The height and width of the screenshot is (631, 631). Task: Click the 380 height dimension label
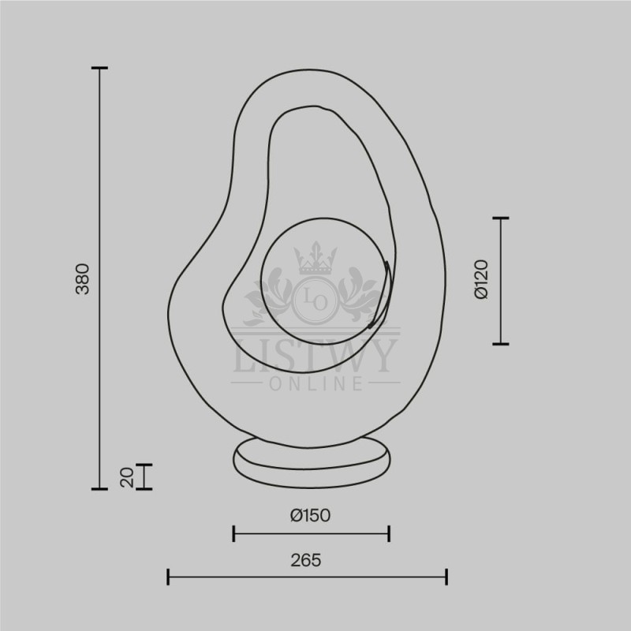pos(83,279)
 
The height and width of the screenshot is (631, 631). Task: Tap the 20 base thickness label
pos(127,477)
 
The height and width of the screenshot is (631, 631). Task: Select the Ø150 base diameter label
pos(311,515)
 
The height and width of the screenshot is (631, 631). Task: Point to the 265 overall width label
pos(306,560)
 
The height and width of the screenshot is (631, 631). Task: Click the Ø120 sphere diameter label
pos(481,279)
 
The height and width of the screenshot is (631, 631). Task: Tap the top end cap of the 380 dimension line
pos(99,68)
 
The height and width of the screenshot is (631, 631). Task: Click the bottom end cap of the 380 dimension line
pos(99,489)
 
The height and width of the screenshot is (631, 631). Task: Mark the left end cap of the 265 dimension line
pos(168,577)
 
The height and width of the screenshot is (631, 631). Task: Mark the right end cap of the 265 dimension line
pos(446,577)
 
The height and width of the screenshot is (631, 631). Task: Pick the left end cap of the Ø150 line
pos(233,534)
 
